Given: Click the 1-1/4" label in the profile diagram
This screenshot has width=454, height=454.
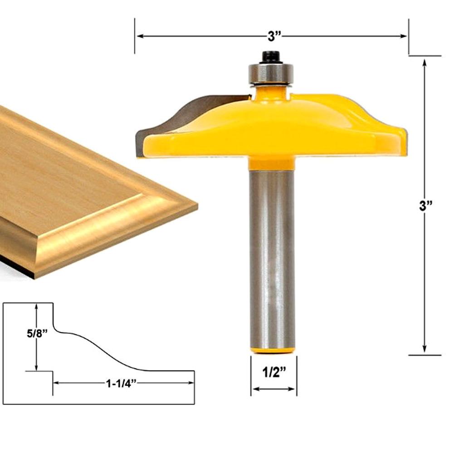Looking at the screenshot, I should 121,383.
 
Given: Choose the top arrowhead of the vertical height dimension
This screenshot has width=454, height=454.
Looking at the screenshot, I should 425,62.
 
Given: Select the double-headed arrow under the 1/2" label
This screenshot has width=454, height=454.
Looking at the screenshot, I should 273,389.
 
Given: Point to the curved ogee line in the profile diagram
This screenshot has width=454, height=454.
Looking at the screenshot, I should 104,349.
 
